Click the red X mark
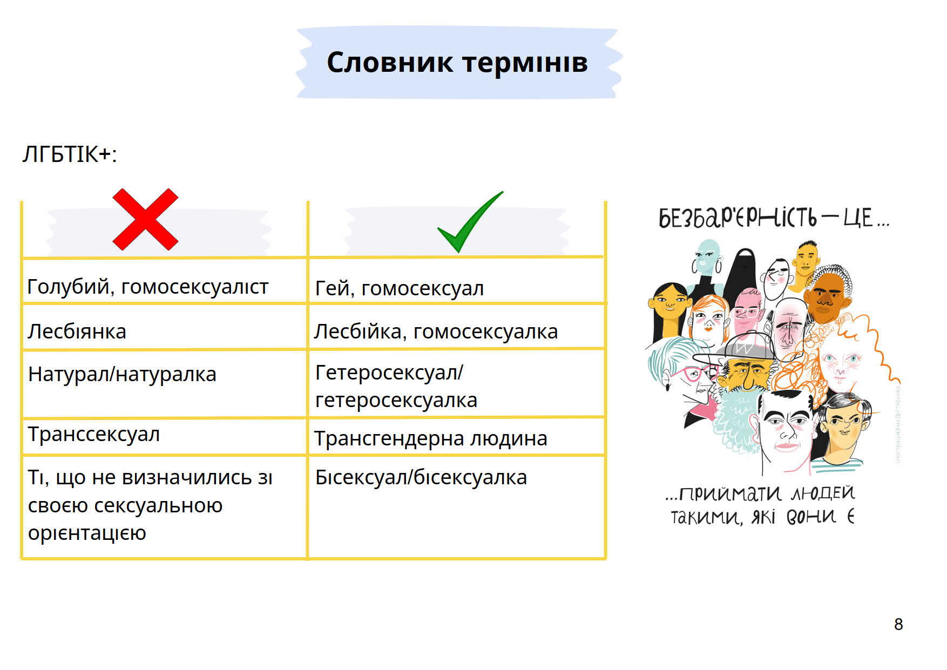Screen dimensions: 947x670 [145, 219]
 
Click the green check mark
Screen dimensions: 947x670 [470, 222]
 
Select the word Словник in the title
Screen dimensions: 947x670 [390, 62]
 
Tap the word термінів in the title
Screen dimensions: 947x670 [525, 63]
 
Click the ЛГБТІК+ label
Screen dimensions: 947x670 [70, 154]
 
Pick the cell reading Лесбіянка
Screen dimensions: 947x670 [77, 331]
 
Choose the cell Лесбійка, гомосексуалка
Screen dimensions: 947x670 [436, 331]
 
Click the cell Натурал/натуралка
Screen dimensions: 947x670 [122, 374]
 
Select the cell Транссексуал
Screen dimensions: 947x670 [94, 434]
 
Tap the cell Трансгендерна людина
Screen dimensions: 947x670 [430, 438]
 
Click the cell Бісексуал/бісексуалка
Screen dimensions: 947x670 [421, 477]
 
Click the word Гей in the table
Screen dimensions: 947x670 [335, 288]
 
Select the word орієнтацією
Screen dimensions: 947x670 [87, 533]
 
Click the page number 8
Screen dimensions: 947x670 [898, 624]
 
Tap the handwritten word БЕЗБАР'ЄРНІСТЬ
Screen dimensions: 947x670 [738, 218]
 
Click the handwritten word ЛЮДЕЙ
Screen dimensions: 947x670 [823, 493]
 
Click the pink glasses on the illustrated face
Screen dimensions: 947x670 [696, 373]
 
